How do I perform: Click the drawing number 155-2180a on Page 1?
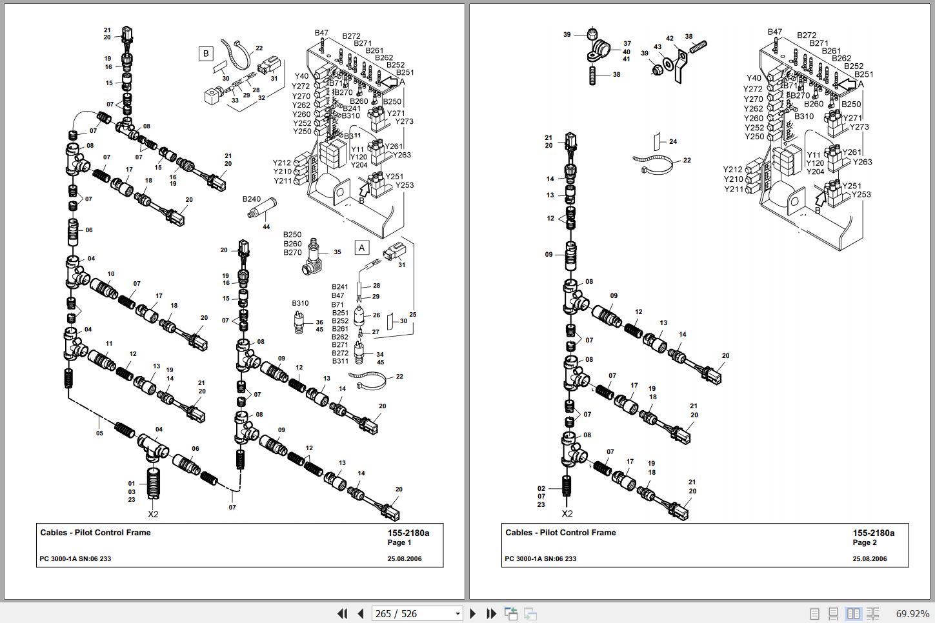[408, 533]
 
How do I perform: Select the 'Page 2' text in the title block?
[865, 542]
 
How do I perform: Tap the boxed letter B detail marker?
[206, 54]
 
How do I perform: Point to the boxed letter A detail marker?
[361, 248]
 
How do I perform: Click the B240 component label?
[252, 199]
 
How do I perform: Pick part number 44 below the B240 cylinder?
[266, 227]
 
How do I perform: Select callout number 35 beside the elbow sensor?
[337, 252]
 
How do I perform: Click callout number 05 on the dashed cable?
[99, 433]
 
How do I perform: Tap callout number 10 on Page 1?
[111, 274]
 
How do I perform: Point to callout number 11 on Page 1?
[109, 344]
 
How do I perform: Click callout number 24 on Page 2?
[673, 141]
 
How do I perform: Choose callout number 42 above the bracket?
[670, 39]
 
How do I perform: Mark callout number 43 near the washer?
[658, 46]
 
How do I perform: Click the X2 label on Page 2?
[567, 514]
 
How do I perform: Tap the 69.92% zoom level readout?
[912, 613]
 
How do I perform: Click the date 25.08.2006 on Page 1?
[405, 559]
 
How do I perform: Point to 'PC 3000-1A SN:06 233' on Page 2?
[540, 559]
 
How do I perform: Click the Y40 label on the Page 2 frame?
[754, 78]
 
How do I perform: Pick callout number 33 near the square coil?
[235, 100]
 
